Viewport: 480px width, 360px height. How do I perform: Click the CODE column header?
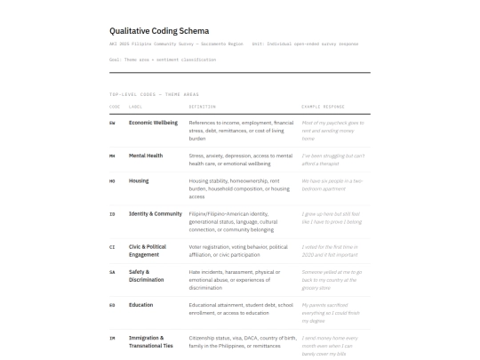114,106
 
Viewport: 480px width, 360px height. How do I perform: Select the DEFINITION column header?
202,106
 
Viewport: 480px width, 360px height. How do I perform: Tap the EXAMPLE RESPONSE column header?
324,106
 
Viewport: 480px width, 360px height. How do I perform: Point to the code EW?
112,122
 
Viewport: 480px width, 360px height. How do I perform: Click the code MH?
112,156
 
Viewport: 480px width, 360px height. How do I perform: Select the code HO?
112,180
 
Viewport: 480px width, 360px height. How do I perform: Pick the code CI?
112,246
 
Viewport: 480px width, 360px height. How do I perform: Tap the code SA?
112,272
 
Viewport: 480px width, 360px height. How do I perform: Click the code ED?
112,305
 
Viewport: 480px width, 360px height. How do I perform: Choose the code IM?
112,338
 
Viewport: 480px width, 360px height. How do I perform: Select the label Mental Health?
146,156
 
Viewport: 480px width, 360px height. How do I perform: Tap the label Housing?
140,180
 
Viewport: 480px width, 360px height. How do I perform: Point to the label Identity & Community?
156,213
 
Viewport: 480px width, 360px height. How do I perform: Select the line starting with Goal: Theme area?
163,60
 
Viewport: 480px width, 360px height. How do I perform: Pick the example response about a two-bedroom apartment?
332,184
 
